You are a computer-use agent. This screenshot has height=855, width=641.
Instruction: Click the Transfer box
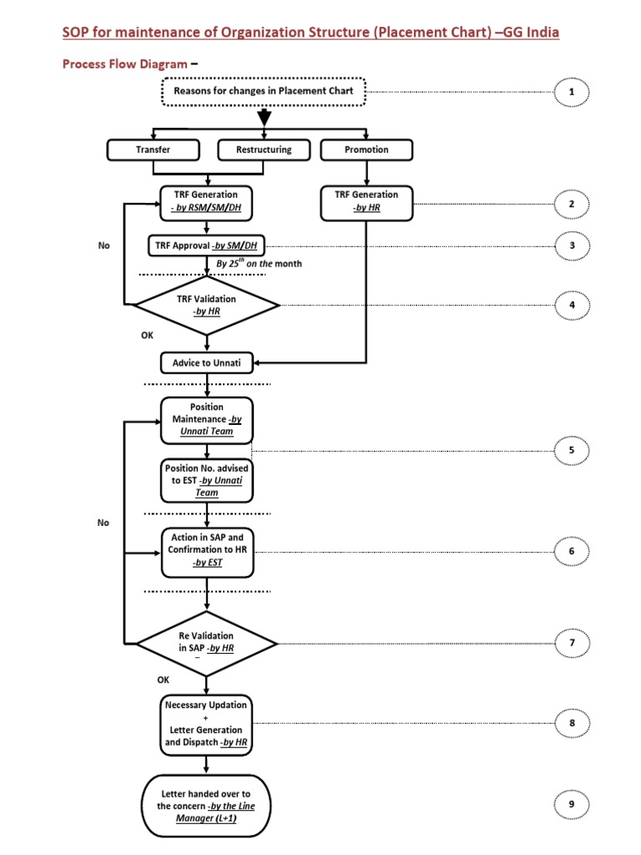[153, 150]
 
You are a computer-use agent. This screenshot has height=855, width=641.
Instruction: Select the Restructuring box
[265, 150]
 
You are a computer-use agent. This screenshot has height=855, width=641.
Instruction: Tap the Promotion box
[366, 150]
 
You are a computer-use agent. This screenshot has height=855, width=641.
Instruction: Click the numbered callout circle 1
[572, 92]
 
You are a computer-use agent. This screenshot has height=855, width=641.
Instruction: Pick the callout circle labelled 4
[572, 306]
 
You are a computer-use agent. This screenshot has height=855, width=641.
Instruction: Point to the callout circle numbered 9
[572, 804]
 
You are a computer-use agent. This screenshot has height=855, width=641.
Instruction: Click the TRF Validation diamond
[207, 306]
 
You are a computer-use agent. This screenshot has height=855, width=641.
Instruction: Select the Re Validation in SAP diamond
[206, 642]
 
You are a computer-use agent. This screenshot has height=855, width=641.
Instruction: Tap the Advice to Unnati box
[207, 362]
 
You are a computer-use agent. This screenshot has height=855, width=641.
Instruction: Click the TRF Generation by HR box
[366, 201]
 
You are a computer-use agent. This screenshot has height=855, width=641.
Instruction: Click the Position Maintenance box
[207, 419]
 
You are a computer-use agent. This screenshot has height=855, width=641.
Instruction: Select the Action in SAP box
[206, 551]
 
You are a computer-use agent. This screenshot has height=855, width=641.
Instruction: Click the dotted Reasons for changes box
[264, 91]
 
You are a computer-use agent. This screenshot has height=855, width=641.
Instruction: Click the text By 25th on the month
[259, 264]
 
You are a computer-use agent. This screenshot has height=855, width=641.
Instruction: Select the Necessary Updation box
[206, 724]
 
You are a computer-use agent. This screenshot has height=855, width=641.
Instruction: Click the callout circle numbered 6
[572, 551]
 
